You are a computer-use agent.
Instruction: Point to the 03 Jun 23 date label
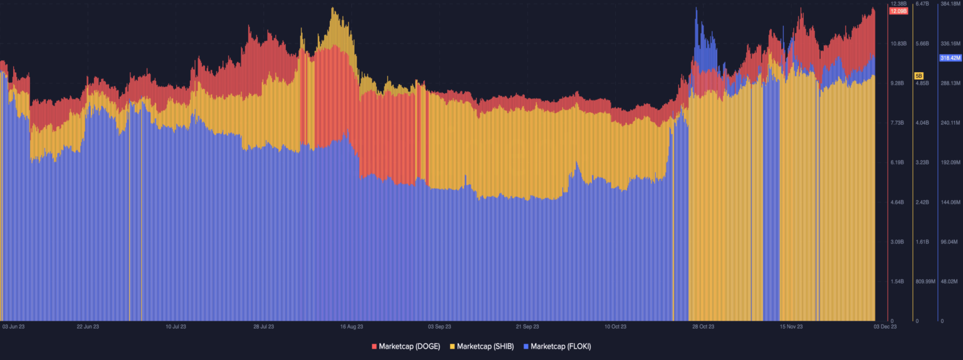click(x=13, y=327)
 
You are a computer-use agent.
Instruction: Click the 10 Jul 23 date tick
click(x=176, y=327)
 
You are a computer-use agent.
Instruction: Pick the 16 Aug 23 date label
click(x=352, y=327)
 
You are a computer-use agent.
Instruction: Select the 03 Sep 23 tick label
click(x=439, y=327)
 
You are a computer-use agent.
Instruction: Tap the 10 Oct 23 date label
click(x=616, y=327)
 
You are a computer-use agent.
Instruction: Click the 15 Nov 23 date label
click(x=791, y=327)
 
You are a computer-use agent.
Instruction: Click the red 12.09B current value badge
click(x=898, y=11)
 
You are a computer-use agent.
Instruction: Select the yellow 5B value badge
click(x=918, y=75)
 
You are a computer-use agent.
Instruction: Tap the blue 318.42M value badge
click(x=950, y=58)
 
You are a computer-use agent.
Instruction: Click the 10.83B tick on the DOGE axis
click(x=898, y=44)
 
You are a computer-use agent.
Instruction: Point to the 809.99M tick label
click(x=925, y=282)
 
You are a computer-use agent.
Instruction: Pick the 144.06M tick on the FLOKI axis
click(x=950, y=203)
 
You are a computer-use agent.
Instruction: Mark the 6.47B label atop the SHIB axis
click(x=922, y=4)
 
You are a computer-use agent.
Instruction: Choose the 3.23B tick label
click(x=922, y=163)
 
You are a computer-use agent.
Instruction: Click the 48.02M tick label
click(x=950, y=282)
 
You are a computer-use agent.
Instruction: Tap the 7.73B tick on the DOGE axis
click(x=897, y=123)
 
